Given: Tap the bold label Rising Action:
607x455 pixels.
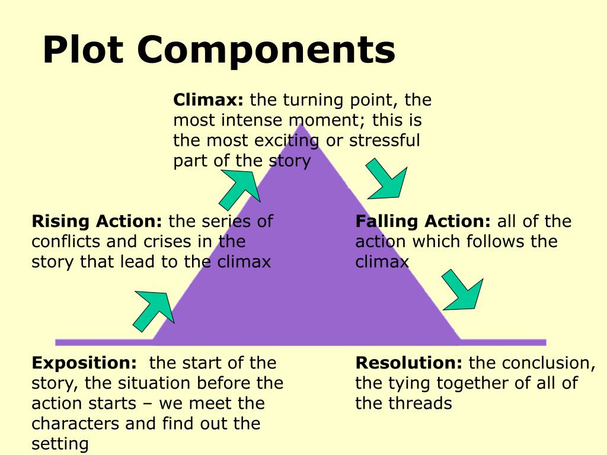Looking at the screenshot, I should (x=97, y=222).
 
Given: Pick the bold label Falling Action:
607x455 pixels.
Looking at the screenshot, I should (x=423, y=222).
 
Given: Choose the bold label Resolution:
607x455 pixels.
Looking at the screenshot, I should (x=408, y=363).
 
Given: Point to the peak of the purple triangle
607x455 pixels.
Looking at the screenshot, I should (x=302, y=125).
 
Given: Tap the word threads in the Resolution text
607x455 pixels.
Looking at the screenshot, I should (x=423, y=403).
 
